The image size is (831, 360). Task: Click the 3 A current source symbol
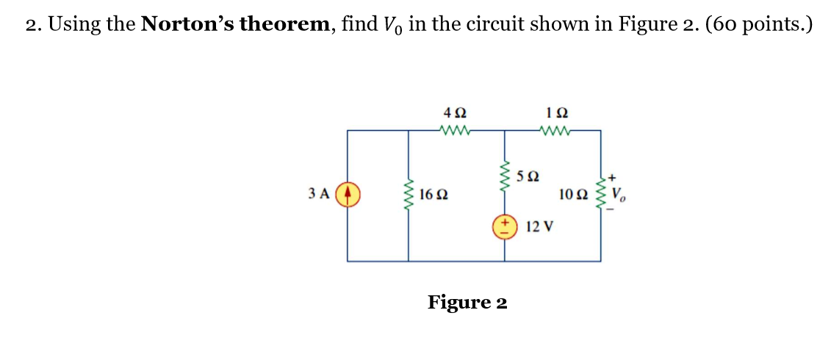[x=348, y=195]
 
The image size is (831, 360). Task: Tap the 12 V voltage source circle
[x=504, y=226]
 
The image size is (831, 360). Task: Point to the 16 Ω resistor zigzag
[x=409, y=195]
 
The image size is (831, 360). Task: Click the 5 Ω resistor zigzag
[x=504, y=175]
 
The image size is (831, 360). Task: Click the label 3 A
[x=318, y=195]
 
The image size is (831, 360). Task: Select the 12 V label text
[x=540, y=226]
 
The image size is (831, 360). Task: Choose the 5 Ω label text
[x=528, y=176]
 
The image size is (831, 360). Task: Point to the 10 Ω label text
[x=573, y=195]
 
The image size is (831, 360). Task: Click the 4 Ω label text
[x=455, y=115]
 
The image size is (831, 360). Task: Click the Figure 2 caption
[x=467, y=302]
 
